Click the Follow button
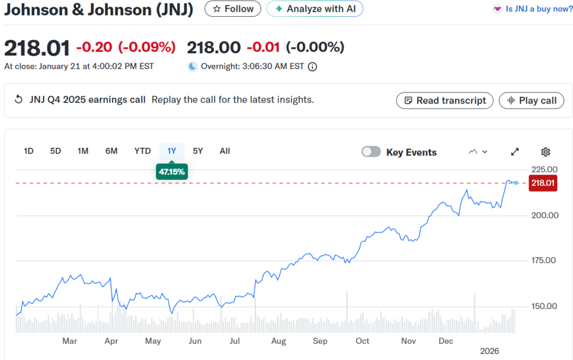coord(232,9)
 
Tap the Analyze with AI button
coord(315,9)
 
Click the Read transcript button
coord(445,101)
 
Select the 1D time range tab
coord(29,151)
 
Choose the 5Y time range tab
coord(198,151)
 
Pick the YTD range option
coord(142,151)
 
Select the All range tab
coord(224,151)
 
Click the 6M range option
coord(111,151)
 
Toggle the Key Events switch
coord(372,152)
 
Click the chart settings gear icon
coord(546,152)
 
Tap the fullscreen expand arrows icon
coord(515,152)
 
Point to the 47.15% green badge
coord(172,172)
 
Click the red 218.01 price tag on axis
coord(543,183)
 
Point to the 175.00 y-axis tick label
coord(543,260)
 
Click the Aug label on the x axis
coord(279,341)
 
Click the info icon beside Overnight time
coord(312,67)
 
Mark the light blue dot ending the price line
coord(516,183)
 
